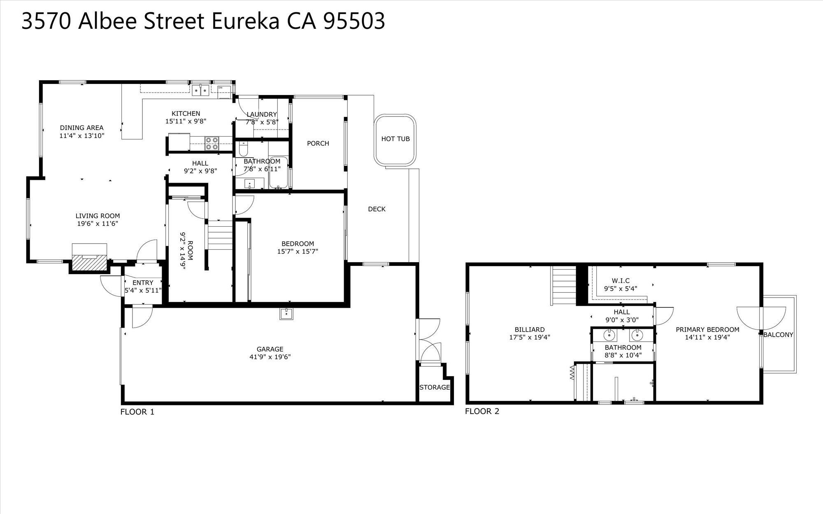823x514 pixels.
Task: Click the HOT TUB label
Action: click(x=395, y=139)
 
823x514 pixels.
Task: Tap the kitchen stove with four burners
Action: click(x=212, y=143)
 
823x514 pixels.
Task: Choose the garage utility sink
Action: click(x=286, y=314)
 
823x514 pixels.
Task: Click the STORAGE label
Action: click(x=435, y=387)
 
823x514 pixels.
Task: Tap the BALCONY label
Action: click(x=778, y=335)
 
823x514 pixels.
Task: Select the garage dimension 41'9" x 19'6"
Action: click(x=270, y=357)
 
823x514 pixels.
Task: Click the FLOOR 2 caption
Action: click(x=482, y=411)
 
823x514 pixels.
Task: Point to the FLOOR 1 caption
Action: click(x=137, y=412)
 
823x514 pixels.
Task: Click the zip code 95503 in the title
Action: click(x=354, y=21)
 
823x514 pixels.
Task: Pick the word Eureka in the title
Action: click(x=246, y=21)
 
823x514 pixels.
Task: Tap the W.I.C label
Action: click(x=621, y=281)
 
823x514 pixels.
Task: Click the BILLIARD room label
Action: click(x=530, y=330)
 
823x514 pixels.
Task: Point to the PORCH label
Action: click(x=318, y=144)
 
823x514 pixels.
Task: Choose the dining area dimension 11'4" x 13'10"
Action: click(x=82, y=135)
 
